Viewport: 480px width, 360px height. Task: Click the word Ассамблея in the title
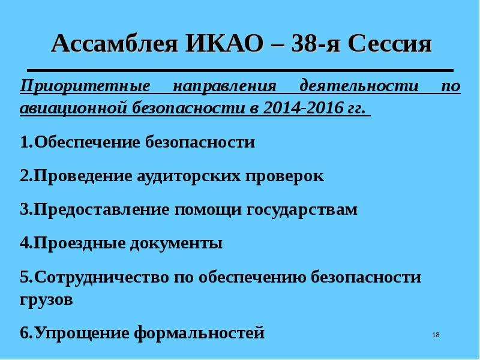coord(115,44)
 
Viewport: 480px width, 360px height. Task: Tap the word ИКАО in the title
coord(224,44)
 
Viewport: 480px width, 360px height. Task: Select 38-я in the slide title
coord(316,44)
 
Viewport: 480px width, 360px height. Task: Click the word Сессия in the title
coord(390,44)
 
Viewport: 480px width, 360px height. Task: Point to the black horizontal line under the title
coord(241,70)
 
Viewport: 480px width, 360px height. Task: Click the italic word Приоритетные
coord(85,86)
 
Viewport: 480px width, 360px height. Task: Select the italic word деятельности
coord(359,86)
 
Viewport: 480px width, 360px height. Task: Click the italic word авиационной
coord(73,109)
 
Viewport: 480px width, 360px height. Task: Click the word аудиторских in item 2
coord(188,176)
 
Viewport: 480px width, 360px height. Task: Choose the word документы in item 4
coord(176,244)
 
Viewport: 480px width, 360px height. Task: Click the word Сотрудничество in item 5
coord(101,277)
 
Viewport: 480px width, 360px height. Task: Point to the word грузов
coord(46,300)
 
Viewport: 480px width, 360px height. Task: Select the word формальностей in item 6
coord(199,333)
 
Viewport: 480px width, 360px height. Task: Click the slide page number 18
coord(436,335)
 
